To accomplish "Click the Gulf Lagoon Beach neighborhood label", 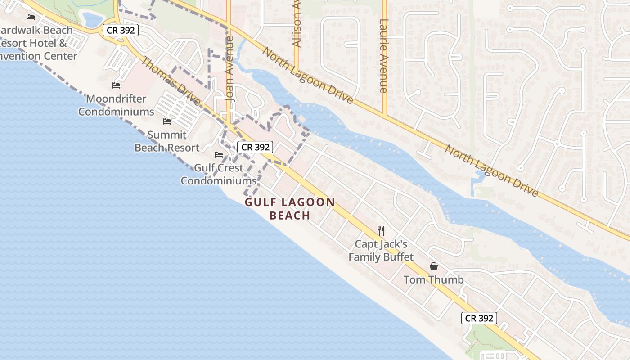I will (290, 209).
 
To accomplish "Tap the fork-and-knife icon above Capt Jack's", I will (381, 231).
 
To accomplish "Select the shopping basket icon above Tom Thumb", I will (434, 266).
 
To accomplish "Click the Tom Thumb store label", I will (433, 279).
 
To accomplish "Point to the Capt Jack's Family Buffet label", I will (381, 251).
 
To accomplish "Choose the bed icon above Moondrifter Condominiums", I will (116, 85).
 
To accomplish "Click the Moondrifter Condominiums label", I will (116, 105).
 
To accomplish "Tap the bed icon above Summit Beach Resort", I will (167, 121).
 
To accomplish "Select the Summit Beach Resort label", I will (167, 141).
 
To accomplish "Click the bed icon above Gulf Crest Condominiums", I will (219, 155).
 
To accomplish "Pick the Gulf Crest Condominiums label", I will (219, 174).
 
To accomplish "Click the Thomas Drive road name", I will (171, 81).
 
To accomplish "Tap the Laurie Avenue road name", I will (384, 56).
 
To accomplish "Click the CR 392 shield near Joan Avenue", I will (256, 147).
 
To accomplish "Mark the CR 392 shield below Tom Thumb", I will (479, 318).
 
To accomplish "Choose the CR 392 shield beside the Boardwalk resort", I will (120, 31).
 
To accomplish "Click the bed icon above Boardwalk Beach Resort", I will (31, 17).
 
